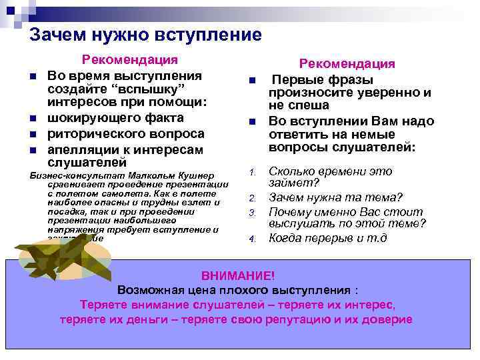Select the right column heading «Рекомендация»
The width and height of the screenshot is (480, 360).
coord(347,63)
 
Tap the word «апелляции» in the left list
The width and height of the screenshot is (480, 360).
coord(80,148)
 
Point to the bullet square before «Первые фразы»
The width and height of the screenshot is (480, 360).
coord(253,81)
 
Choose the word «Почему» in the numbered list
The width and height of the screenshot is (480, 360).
coord(291,212)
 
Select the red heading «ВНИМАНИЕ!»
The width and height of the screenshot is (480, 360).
coord(237,275)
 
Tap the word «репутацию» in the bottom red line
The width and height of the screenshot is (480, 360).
coord(299,319)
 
